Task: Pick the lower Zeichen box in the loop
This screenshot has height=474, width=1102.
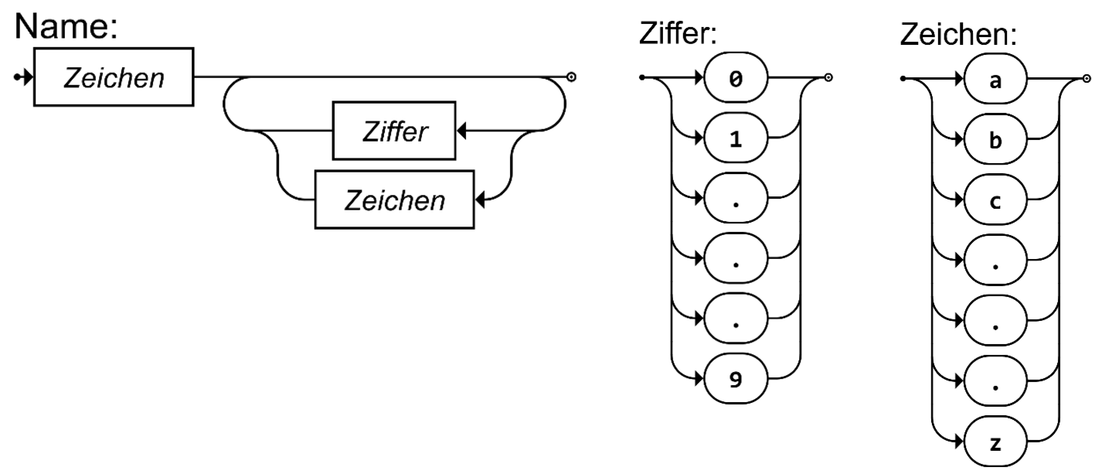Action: [x=394, y=200]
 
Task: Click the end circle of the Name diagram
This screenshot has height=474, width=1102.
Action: [x=571, y=77]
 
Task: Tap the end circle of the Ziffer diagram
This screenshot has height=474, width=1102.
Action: [x=828, y=77]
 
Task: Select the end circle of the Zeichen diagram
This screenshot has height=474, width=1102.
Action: [x=1088, y=78]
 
